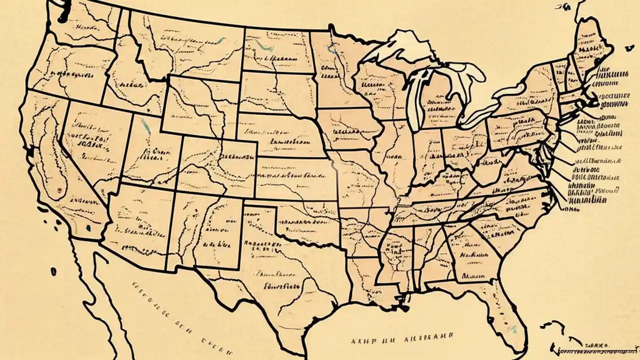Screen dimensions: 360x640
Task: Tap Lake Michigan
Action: click(415, 95)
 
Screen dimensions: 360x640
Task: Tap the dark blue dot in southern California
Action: click(88, 228)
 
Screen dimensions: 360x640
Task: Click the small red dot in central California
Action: click(59, 190)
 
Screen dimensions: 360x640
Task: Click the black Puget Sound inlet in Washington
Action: click(61, 15)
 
